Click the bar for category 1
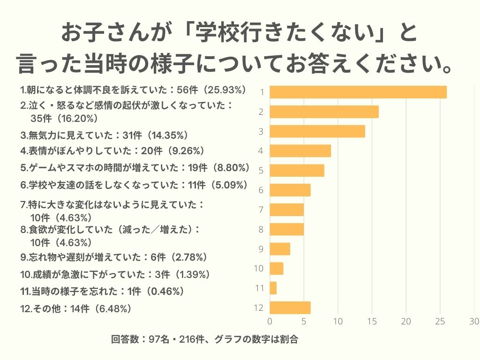tap(358, 92)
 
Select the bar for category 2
tap(324, 112)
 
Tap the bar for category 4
tap(300, 151)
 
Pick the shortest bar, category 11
tap(273, 288)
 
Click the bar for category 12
tap(290, 307)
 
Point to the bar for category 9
tap(280, 249)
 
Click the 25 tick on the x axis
tap(440, 322)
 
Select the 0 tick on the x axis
tap(270, 322)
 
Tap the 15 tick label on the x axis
tap(372, 322)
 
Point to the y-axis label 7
tap(261, 210)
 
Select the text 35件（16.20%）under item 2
tap(64, 118)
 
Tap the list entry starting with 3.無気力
tap(104, 135)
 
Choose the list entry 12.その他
tap(75, 308)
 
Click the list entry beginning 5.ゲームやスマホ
tap(135, 167)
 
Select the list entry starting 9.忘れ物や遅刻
tap(114, 257)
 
